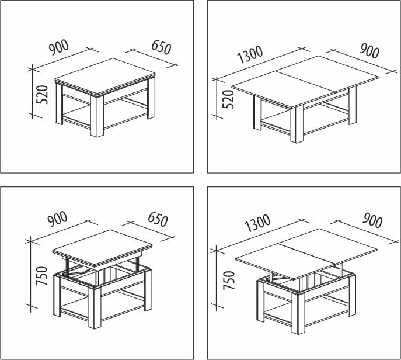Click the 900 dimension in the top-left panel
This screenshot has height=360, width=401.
(x=59, y=47)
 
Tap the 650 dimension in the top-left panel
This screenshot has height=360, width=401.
(x=161, y=47)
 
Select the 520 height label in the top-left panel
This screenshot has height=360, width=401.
(x=42, y=95)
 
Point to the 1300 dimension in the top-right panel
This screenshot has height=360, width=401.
(x=250, y=55)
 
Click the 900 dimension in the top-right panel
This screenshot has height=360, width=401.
(x=369, y=51)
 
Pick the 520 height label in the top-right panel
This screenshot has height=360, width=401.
(x=228, y=99)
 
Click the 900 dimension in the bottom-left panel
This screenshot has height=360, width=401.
(x=57, y=219)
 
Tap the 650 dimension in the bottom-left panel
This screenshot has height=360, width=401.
(x=158, y=219)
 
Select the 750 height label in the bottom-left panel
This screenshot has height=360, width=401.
(x=42, y=276)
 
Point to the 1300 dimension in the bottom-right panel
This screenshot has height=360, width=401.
(x=257, y=223)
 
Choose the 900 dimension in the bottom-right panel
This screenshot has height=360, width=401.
(x=372, y=220)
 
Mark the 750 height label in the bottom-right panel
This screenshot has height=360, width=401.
(x=229, y=281)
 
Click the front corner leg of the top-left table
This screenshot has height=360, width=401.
(x=97, y=116)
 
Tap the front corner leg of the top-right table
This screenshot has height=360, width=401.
(x=297, y=125)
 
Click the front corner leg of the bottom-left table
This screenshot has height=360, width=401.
(x=95, y=307)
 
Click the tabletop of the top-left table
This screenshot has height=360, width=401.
(x=105, y=77)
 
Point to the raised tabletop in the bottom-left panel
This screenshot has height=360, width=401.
(x=102, y=248)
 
